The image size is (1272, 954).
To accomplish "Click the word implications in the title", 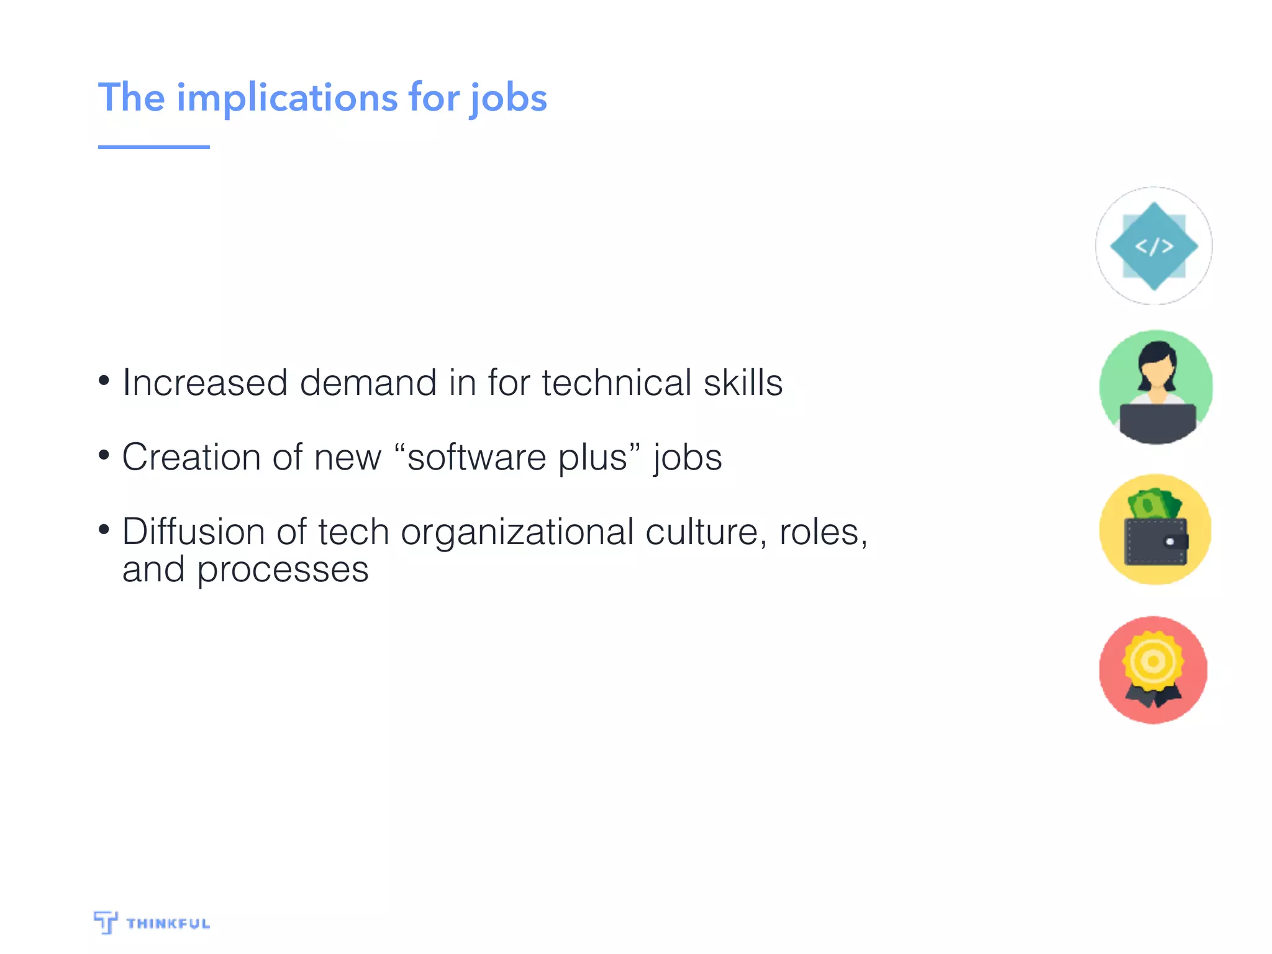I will [287, 98].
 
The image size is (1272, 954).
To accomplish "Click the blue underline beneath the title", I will [153, 147].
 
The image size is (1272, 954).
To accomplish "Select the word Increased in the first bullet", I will [205, 383].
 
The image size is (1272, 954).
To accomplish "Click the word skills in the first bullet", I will [743, 383].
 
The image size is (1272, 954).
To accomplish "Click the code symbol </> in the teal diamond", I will [1154, 247].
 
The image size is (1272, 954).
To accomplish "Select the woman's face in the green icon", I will [1156, 373].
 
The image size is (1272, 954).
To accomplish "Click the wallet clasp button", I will [1170, 542].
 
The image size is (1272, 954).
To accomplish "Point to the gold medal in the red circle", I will [1153, 661].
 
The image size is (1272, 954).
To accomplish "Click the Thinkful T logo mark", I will [106, 922].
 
